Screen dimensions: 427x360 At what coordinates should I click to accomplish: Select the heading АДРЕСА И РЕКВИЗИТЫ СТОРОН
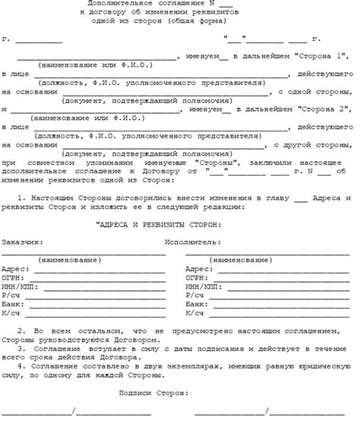[x=159, y=224]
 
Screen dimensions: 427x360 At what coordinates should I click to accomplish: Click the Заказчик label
[x=22, y=242]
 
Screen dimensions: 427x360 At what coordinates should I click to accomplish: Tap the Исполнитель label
[x=192, y=242]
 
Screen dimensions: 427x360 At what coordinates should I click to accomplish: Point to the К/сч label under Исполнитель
[x=194, y=313]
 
